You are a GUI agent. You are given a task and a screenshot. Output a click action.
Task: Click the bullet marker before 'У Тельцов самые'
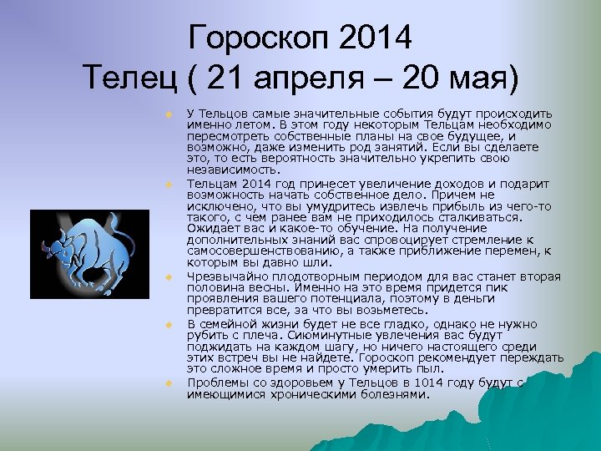168,113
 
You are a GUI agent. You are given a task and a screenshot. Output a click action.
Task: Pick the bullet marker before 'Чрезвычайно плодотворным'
168,276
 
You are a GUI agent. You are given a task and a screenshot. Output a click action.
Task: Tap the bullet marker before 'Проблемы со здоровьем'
168,382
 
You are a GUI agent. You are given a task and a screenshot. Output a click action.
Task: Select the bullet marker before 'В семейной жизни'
168,322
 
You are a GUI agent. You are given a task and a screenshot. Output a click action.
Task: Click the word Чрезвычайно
223,276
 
